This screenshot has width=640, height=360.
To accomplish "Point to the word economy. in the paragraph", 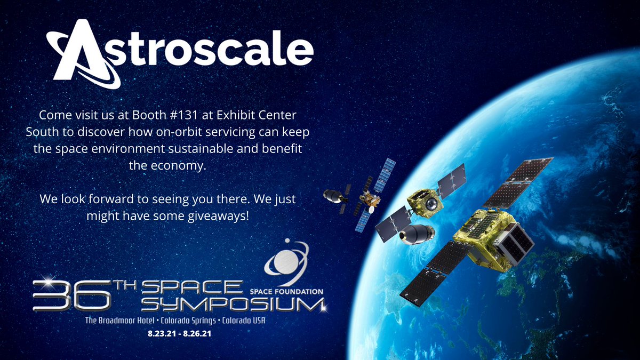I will point(167,166).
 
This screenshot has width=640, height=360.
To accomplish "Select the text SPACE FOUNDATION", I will point(287,291).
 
